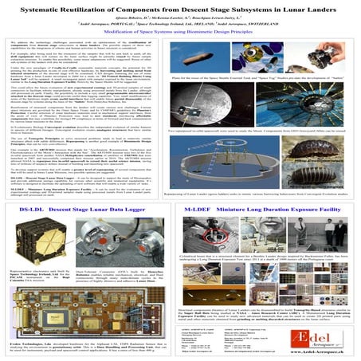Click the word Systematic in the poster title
coord(76,9)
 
